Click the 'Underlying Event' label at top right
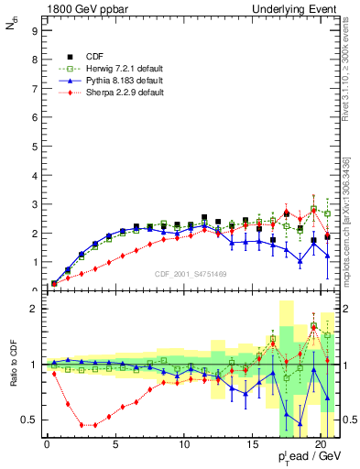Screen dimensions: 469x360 tap(301, 7)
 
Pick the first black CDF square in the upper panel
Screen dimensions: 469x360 tap(54, 283)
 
